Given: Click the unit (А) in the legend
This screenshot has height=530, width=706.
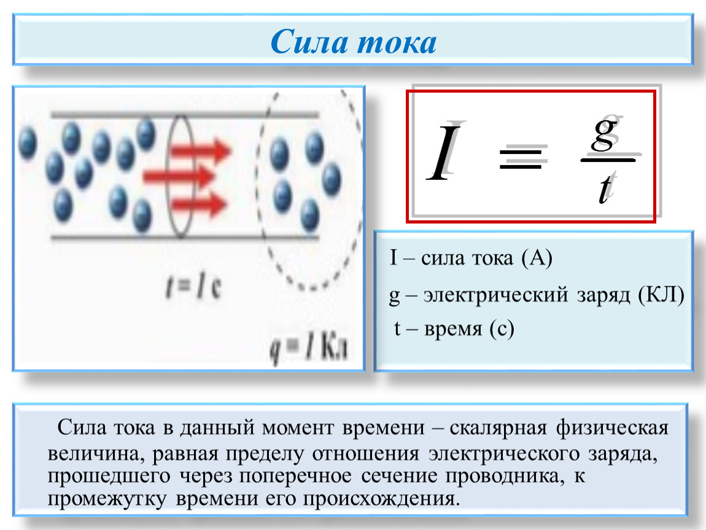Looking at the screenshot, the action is pyautogui.click(x=537, y=258).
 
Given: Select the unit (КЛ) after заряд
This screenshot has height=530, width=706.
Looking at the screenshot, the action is pyautogui.click(x=661, y=295).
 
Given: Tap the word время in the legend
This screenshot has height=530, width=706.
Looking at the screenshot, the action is pyautogui.click(x=453, y=329).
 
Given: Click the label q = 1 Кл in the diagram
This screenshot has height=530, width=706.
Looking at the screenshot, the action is pyautogui.click(x=309, y=348).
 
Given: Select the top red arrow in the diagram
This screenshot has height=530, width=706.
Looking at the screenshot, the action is pyautogui.click(x=201, y=150).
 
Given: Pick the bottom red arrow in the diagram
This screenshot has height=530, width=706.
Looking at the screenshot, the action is pyautogui.click(x=198, y=204).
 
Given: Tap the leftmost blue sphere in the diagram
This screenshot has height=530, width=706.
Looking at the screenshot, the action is pyautogui.click(x=28, y=143).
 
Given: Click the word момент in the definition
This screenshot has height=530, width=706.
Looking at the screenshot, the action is pyautogui.click(x=298, y=428).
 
